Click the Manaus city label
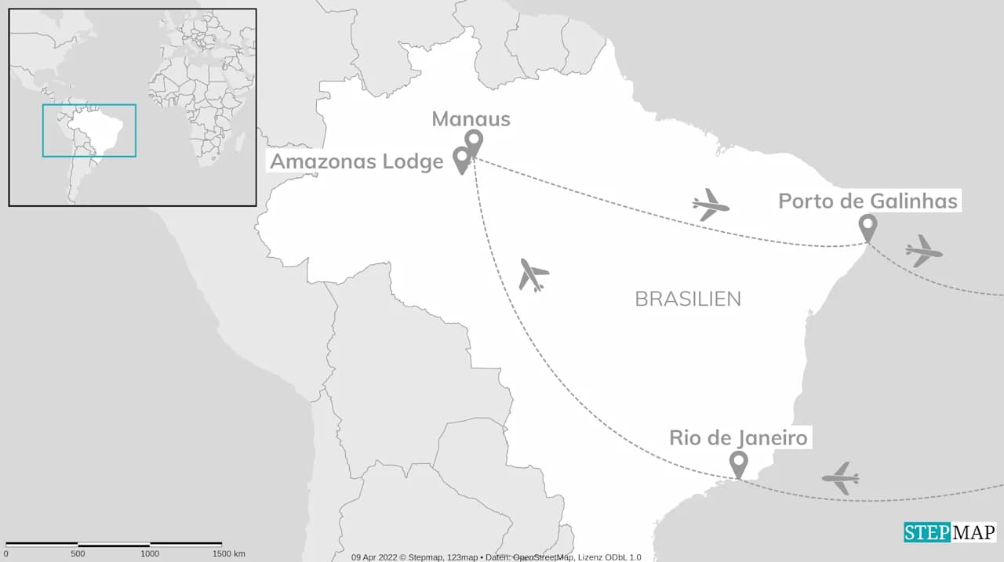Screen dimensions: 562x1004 [471, 119]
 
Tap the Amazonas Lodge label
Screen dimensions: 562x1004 [357, 161]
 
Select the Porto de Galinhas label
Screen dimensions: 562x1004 [868, 201]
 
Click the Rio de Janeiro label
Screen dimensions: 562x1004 [738, 437]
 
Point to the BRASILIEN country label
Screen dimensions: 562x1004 [687, 299]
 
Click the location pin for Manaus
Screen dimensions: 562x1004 [473, 142]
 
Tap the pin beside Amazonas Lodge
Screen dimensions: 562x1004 [462, 159]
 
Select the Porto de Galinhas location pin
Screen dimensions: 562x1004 [867, 227]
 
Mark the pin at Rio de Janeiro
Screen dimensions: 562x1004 [737, 463]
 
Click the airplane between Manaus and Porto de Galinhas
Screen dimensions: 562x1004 [711, 205]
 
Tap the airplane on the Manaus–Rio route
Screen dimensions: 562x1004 [533, 275]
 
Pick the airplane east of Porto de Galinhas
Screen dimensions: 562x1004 [923, 251]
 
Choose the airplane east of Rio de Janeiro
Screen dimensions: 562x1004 [841, 477]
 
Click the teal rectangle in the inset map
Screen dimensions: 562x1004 [89, 105]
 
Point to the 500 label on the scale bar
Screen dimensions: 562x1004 [78, 553]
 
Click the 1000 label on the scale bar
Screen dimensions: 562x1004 [150, 553]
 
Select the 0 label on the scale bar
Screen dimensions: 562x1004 [5, 553]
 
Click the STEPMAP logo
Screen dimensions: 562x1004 [949, 532]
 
